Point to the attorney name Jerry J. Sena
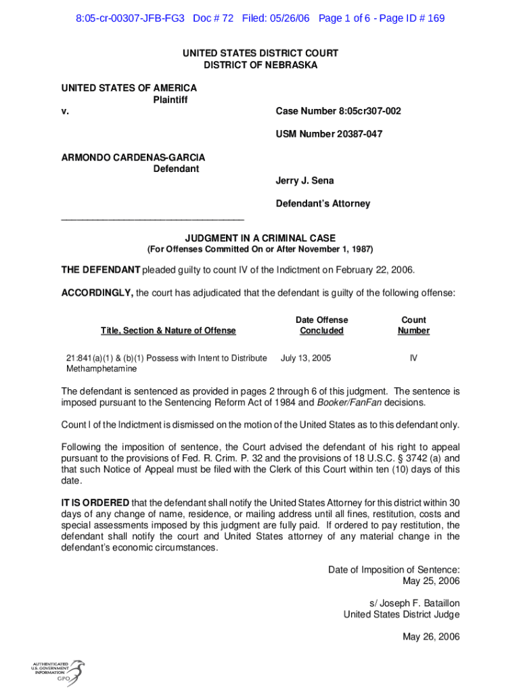(x=304, y=181)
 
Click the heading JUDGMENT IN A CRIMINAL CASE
(x=260, y=238)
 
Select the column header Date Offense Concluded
(x=321, y=325)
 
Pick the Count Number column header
(x=413, y=325)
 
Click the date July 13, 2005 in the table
(x=306, y=358)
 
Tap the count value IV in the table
(x=413, y=358)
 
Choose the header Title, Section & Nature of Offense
(x=168, y=330)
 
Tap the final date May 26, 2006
(x=431, y=637)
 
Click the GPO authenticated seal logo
(x=58, y=671)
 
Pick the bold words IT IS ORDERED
(x=95, y=502)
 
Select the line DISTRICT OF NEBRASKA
(x=260, y=65)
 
